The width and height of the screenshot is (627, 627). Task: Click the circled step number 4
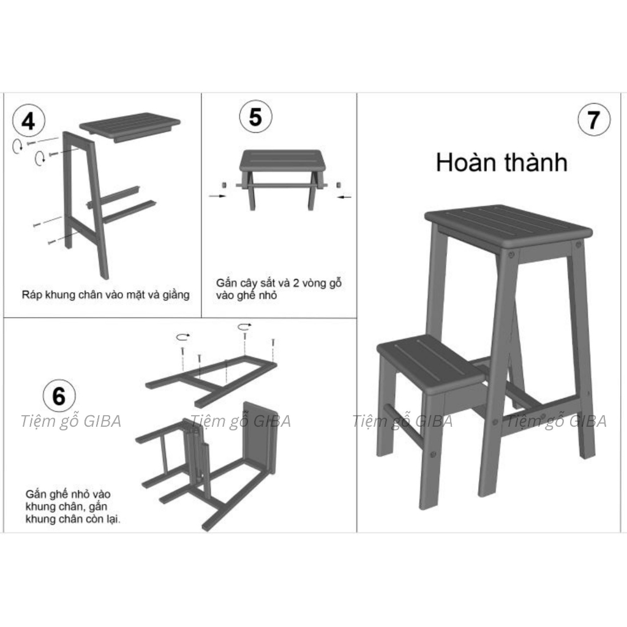pyautogui.click(x=29, y=121)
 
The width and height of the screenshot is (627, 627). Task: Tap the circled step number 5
pyautogui.click(x=255, y=117)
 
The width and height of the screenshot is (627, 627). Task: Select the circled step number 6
pyautogui.click(x=59, y=396)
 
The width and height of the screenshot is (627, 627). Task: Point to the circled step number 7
pyautogui.click(x=594, y=119)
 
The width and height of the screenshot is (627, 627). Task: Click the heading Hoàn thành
pyautogui.click(x=501, y=162)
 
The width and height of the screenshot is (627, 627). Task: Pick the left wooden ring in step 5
pyautogui.click(x=224, y=185)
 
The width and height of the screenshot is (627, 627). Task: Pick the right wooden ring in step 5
pyautogui.click(x=339, y=185)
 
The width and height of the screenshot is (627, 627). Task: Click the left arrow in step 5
pyautogui.click(x=217, y=196)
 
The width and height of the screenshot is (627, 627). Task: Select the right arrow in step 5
pyautogui.click(x=344, y=197)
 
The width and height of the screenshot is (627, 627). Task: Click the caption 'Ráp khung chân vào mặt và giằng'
pyautogui.click(x=105, y=295)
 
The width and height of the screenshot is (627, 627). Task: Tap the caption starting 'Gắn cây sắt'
pyautogui.click(x=279, y=289)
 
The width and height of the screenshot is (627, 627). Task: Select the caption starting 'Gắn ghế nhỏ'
pyautogui.click(x=73, y=506)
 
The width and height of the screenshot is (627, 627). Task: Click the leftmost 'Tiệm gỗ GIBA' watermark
pyautogui.click(x=71, y=421)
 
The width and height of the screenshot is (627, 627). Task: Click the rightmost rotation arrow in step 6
pyautogui.click(x=245, y=327)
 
